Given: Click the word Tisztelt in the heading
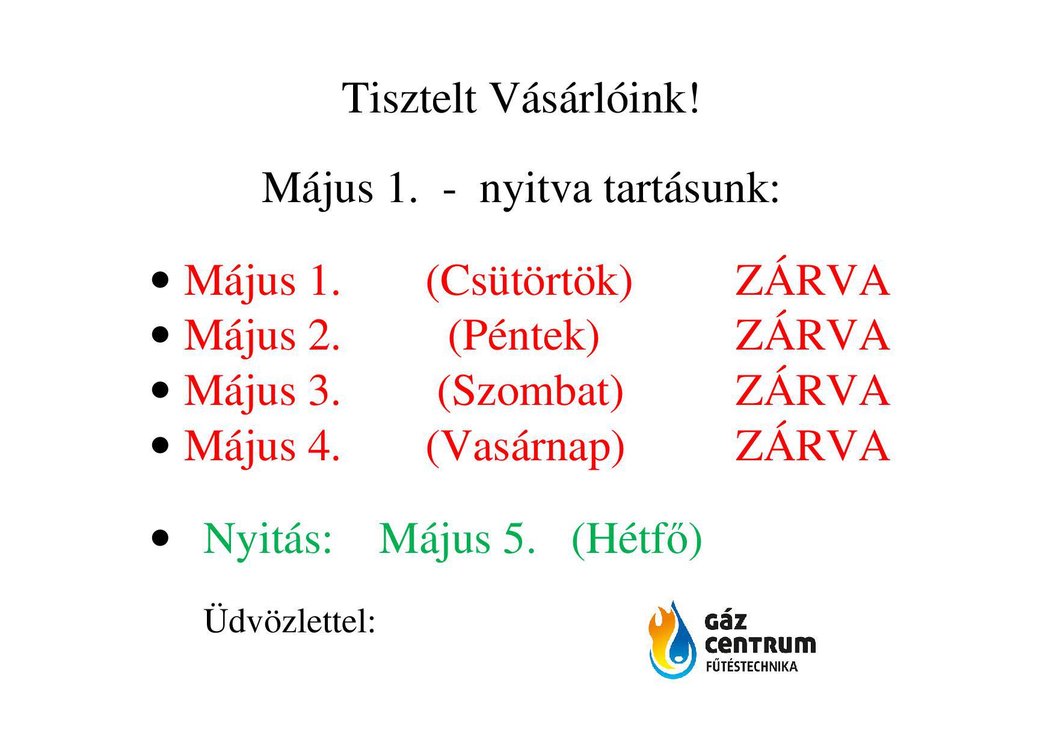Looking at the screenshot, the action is [x=410, y=97].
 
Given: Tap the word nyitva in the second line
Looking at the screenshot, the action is [x=535, y=189].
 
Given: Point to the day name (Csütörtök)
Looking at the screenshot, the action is [x=529, y=281].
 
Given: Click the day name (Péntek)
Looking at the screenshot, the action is [x=524, y=336].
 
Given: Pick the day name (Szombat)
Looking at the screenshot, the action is [x=531, y=391].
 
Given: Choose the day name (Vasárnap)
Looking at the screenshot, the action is [x=525, y=446].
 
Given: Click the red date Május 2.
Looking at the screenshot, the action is [x=262, y=336].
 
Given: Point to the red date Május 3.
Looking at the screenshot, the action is [x=262, y=391].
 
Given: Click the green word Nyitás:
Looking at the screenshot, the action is [x=268, y=539].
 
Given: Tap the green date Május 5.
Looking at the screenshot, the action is [x=457, y=539].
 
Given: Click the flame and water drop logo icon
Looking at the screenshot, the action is [x=672, y=640].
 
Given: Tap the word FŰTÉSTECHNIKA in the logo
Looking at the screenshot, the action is [x=751, y=666].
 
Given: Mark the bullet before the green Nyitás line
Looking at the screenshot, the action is [x=160, y=537].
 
